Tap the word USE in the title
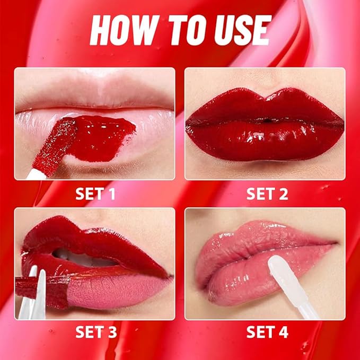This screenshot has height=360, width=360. tap(239, 30)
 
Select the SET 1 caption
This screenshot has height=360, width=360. tap(96, 194)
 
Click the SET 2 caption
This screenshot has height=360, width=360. tap(267, 194)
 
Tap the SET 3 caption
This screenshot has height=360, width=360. tap(96, 332)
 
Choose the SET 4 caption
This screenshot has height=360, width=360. tap(267, 332)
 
